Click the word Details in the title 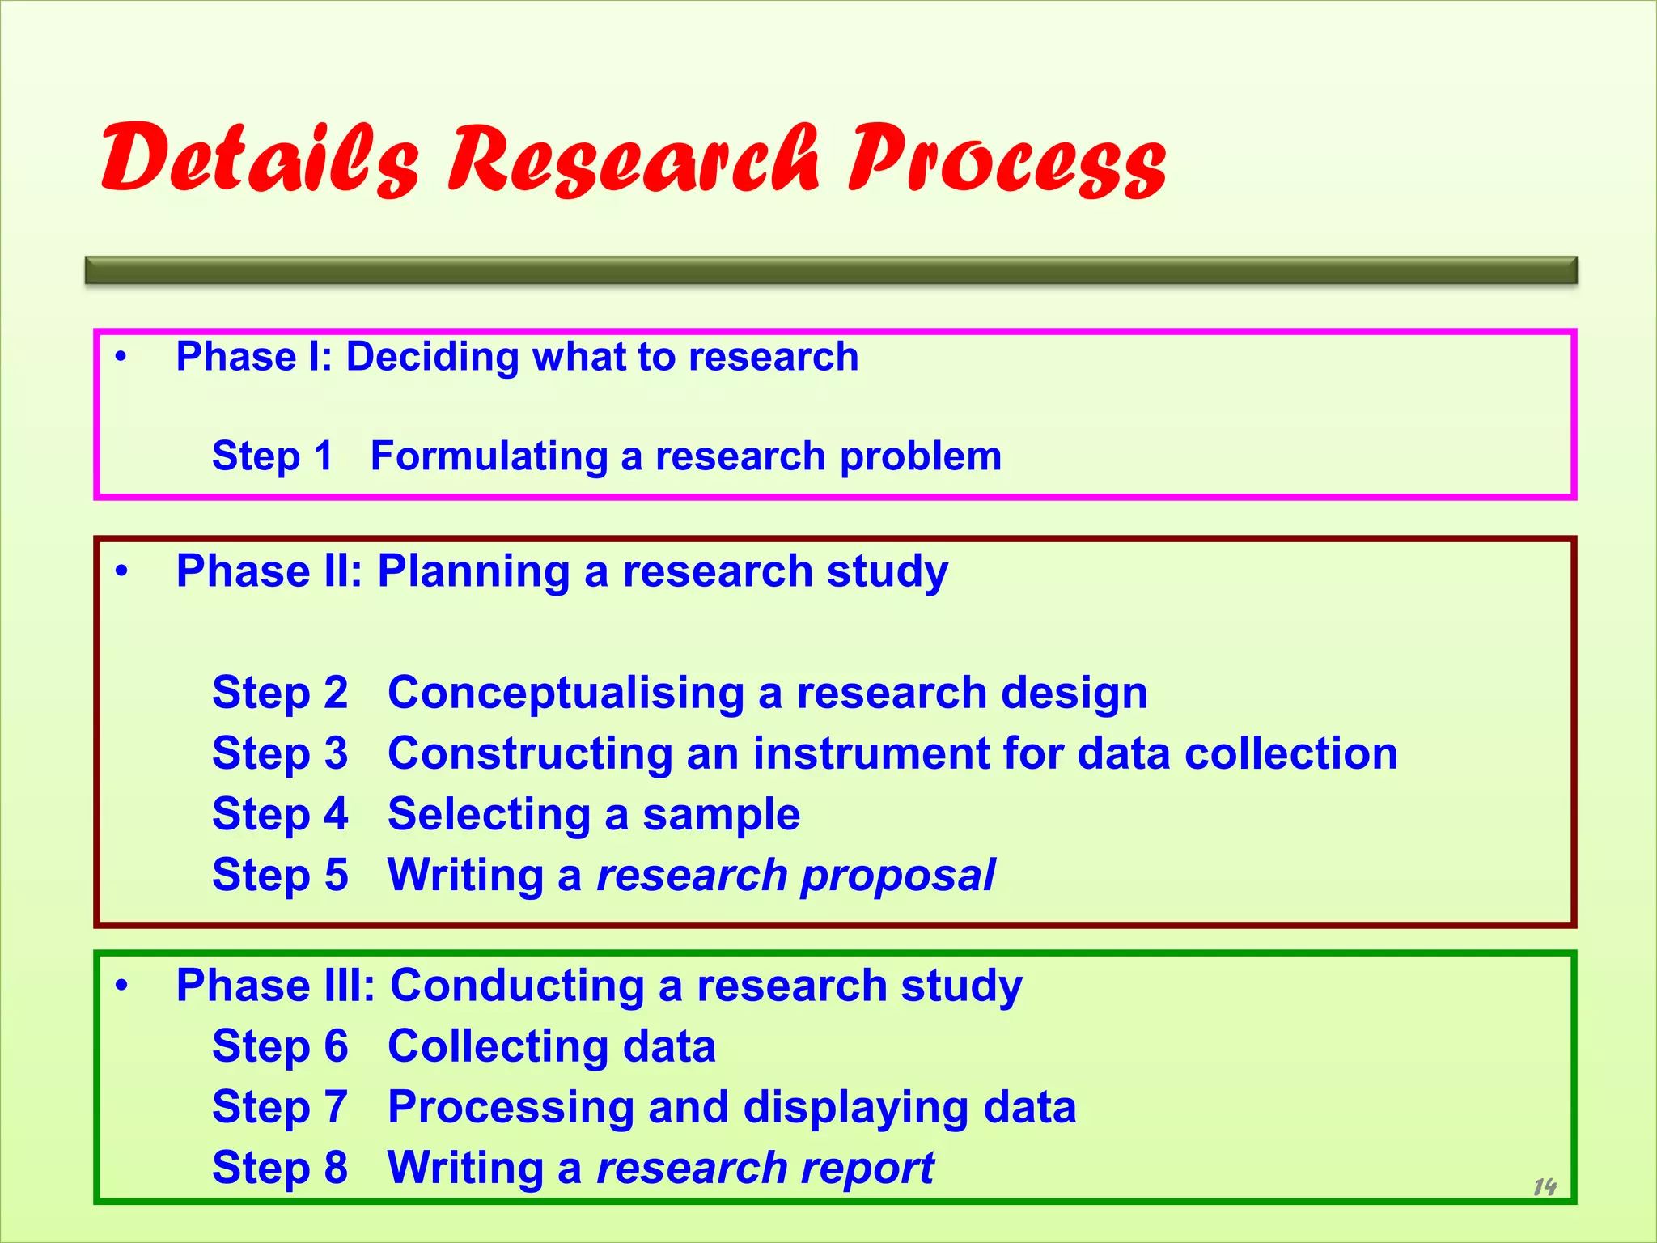[259, 159]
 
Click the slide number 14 [1545, 1187]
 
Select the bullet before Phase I [121, 357]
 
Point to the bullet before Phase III [121, 986]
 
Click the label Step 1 [272, 456]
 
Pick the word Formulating [489, 456]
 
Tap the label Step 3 [279, 753]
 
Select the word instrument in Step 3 [871, 753]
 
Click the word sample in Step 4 [721, 815]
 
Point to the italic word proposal [898, 876]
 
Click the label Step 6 [279, 1046]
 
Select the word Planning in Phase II [473, 571]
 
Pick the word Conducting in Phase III [517, 986]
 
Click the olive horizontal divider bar [831, 270]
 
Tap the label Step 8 [279, 1169]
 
